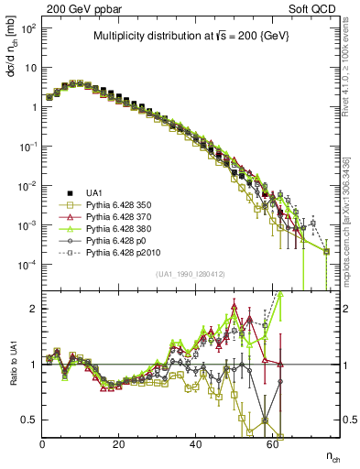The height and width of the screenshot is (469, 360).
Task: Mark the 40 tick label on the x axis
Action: [x=196, y=444]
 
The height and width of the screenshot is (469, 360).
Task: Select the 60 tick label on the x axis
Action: [x=273, y=444]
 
